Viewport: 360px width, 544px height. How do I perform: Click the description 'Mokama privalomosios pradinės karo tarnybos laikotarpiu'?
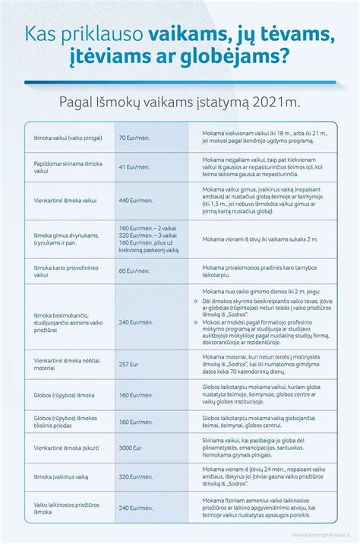pyautogui.click(x=257, y=270)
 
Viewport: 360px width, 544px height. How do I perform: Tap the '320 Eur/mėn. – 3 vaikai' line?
pyautogui.click(x=147, y=236)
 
